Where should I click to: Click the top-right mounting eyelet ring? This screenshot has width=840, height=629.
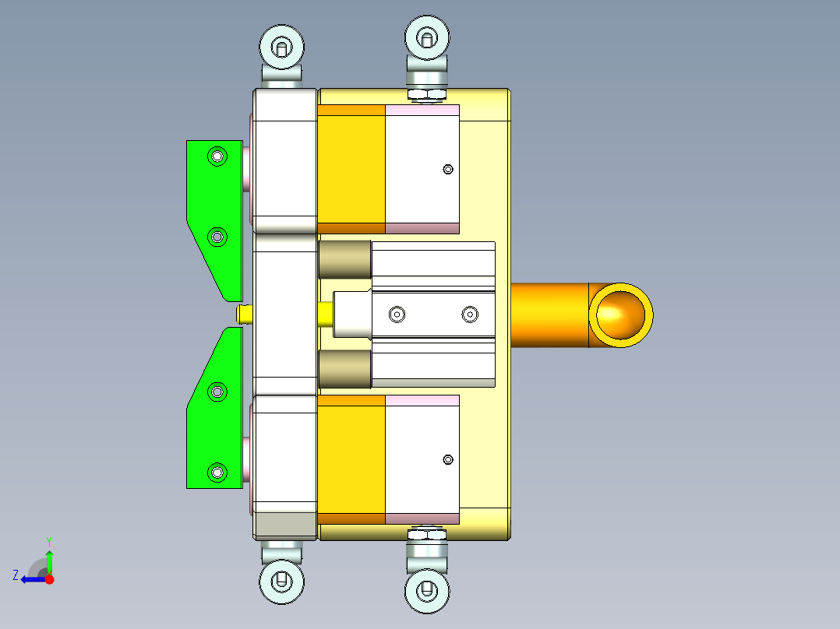click(427, 36)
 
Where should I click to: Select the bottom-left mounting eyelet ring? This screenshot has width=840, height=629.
click(281, 580)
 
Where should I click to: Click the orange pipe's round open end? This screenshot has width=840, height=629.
click(620, 314)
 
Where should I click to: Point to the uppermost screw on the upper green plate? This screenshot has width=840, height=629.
click(217, 157)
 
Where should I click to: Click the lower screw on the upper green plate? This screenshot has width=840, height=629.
click(217, 236)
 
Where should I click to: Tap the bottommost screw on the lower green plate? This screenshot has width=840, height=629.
click(217, 471)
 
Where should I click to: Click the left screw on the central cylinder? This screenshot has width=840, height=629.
click(397, 314)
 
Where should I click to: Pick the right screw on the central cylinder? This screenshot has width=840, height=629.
click(469, 314)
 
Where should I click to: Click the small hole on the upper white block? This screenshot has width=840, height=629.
click(447, 169)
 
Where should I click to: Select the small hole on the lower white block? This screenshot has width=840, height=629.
click(447, 459)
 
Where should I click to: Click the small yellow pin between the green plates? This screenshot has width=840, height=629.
click(243, 314)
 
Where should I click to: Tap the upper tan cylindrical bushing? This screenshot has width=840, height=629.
click(344, 259)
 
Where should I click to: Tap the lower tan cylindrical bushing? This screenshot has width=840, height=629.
click(344, 368)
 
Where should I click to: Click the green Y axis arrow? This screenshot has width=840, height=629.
click(49, 559)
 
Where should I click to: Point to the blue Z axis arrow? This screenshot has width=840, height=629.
click(30, 579)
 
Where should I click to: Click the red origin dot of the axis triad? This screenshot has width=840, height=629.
click(50, 579)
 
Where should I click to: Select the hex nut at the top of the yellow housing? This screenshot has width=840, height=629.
click(427, 95)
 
